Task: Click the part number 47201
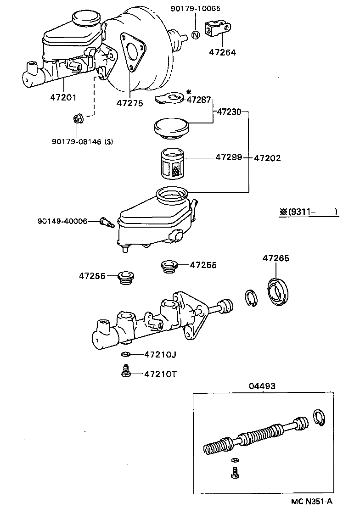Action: pyautogui.click(x=63, y=97)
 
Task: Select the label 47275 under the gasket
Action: pyautogui.click(x=129, y=103)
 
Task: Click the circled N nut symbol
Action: pyautogui.click(x=195, y=35)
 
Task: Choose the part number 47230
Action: pyautogui.click(x=228, y=111)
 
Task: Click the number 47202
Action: pyautogui.click(x=267, y=158)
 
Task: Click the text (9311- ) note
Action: pyautogui.click(x=309, y=212)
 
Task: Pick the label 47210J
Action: pyautogui.click(x=160, y=354)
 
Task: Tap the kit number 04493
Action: pyautogui.click(x=262, y=386)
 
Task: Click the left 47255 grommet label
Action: pyautogui.click(x=92, y=276)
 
